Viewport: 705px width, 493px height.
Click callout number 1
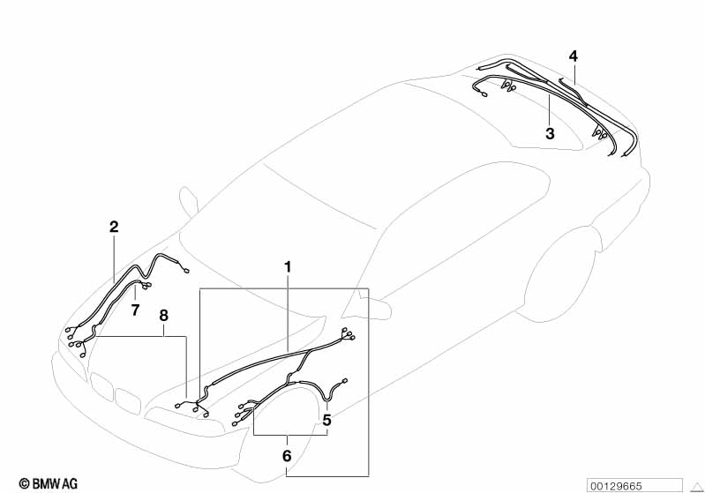pyautogui.click(x=288, y=267)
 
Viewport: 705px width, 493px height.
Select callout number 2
pyautogui.click(x=114, y=227)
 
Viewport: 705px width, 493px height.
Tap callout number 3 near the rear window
pyautogui.click(x=550, y=133)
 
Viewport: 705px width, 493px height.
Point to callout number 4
pyautogui.click(x=573, y=56)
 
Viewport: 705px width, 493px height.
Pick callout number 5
pyautogui.click(x=326, y=420)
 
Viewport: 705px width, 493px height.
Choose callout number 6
pyautogui.click(x=287, y=456)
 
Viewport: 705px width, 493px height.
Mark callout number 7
pyautogui.click(x=135, y=310)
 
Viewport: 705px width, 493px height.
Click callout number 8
pyautogui.click(x=163, y=316)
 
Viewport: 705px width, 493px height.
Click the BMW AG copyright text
pyautogui.click(x=49, y=483)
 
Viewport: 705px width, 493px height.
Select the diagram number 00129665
pyautogui.click(x=616, y=486)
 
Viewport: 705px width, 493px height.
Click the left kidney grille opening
pyautogui.click(x=101, y=385)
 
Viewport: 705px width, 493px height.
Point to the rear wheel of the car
pyautogui.click(x=559, y=275)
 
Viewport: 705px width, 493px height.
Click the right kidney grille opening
pyautogui.click(x=127, y=398)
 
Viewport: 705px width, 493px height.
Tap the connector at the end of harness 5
pyautogui.click(x=345, y=381)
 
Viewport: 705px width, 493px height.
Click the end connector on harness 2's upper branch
pyautogui.click(x=186, y=270)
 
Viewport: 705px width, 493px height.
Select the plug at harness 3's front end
pyautogui.click(x=484, y=94)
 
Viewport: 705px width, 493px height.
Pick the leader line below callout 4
pyautogui.click(x=574, y=74)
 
